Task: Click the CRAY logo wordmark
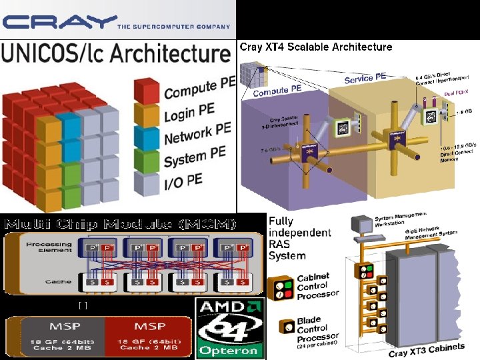pos(59,21)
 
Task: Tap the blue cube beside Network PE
pos(147,139)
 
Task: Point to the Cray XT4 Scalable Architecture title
pos(315,47)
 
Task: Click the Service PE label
pos(365,77)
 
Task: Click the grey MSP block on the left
pos(55,337)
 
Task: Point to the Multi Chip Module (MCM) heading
pos(120,223)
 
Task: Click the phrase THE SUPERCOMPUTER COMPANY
pos(173,27)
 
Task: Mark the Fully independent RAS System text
pos(299,237)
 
